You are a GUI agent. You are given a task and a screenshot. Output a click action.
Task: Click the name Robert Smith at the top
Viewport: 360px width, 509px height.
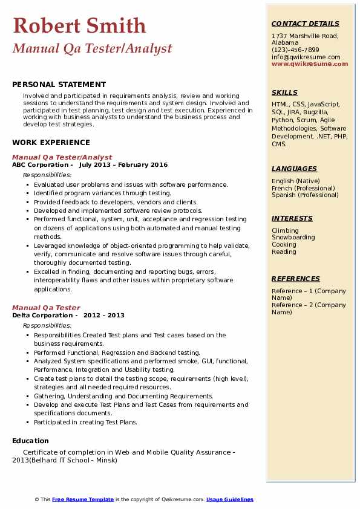(x=79, y=25)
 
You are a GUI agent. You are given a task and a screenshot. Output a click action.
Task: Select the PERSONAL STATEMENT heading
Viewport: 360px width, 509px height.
(x=59, y=85)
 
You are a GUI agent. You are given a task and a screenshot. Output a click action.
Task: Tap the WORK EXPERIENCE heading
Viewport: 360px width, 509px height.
(x=51, y=143)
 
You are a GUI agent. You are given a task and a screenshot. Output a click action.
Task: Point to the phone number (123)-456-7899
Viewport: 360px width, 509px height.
(x=295, y=50)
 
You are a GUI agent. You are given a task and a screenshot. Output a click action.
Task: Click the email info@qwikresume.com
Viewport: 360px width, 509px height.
(x=306, y=57)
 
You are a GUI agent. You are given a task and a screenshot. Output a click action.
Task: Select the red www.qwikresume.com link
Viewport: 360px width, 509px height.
(x=306, y=63)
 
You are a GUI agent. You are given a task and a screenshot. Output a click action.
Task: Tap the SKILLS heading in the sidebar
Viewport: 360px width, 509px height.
(x=284, y=92)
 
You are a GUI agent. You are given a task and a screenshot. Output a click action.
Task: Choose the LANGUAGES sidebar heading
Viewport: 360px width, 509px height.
(x=294, y=169)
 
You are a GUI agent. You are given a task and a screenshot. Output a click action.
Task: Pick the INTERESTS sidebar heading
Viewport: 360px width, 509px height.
(x=292, y=218)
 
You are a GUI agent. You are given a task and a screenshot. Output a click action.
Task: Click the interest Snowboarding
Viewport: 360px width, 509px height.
(x=293, y=238)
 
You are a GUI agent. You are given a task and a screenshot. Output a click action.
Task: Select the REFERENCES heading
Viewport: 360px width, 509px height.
(x=296, y=279)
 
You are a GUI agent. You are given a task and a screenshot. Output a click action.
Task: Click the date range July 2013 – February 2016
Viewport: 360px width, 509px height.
(x=123, y=165)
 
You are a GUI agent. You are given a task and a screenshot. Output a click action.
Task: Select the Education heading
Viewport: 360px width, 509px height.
(x=30, y=441)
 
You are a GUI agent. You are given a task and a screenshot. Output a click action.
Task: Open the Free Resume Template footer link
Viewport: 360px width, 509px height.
(x=83, y=499)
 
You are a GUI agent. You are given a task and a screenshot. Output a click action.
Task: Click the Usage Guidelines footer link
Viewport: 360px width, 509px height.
(x=230, y=499)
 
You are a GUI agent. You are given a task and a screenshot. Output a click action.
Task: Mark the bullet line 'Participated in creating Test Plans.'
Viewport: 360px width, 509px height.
(x=85, y=422)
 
